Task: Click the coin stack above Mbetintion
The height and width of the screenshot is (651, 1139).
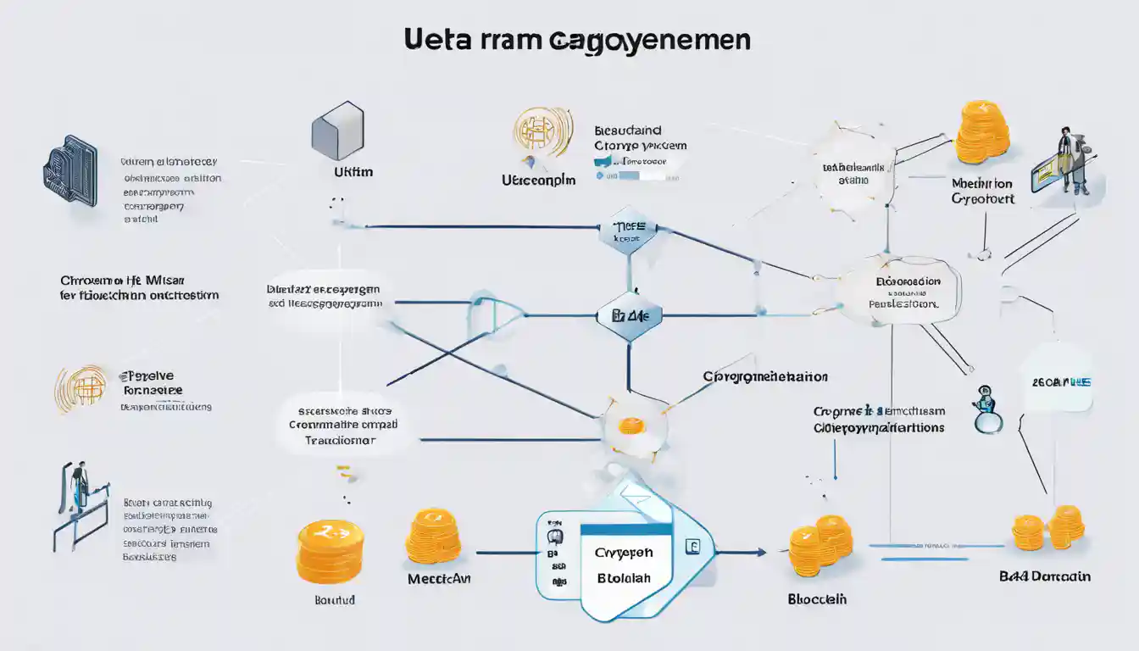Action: [x=983, y=132]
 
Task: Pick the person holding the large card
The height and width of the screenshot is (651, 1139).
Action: [x=1071, y=161]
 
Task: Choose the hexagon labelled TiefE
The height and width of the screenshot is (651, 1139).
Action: [x=627, y=228]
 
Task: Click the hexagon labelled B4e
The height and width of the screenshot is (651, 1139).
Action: [x=628, y=316]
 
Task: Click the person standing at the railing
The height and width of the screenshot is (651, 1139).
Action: [x=79, y=489]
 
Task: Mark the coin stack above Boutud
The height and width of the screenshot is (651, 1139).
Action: [x=330, y=551]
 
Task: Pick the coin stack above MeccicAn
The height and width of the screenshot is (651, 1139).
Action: [x=432, y=536]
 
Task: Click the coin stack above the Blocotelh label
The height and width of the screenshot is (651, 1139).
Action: [x=820, y=545]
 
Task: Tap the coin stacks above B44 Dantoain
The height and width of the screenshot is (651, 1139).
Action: [x=1047, y=526]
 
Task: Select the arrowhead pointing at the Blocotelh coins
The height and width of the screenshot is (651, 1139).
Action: [x=759, y=552]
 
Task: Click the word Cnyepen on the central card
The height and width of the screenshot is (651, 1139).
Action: [x=624, y=553]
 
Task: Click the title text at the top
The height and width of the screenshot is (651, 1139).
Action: [x=577, y=41]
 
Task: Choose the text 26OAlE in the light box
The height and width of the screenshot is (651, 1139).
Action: [x=1060, y=382]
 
